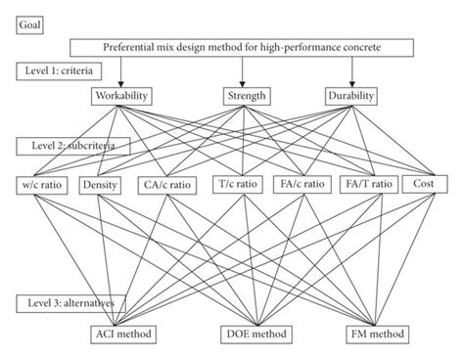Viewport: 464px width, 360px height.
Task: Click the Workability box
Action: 121,96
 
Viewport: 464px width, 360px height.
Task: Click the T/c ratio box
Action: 238,184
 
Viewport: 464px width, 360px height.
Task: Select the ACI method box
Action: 117,334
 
